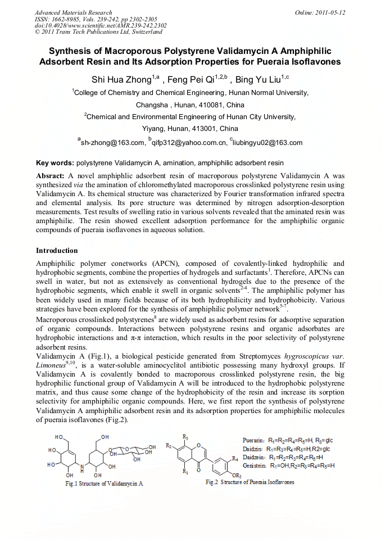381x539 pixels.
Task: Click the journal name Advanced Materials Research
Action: tap(73, 12)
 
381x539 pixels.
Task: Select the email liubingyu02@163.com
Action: tap(268, 143)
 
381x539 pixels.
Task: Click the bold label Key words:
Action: tap(55, 163)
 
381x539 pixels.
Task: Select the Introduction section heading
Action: tap(57, 250)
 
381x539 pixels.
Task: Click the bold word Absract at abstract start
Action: tap(51, 176)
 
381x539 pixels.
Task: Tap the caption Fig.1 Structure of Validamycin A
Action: tap(104, 483)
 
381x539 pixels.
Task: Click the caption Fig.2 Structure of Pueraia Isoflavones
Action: tap(250, 482)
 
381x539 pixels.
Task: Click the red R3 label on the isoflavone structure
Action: tap(185, 437)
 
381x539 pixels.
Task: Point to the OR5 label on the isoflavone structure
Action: tap(237, 477)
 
